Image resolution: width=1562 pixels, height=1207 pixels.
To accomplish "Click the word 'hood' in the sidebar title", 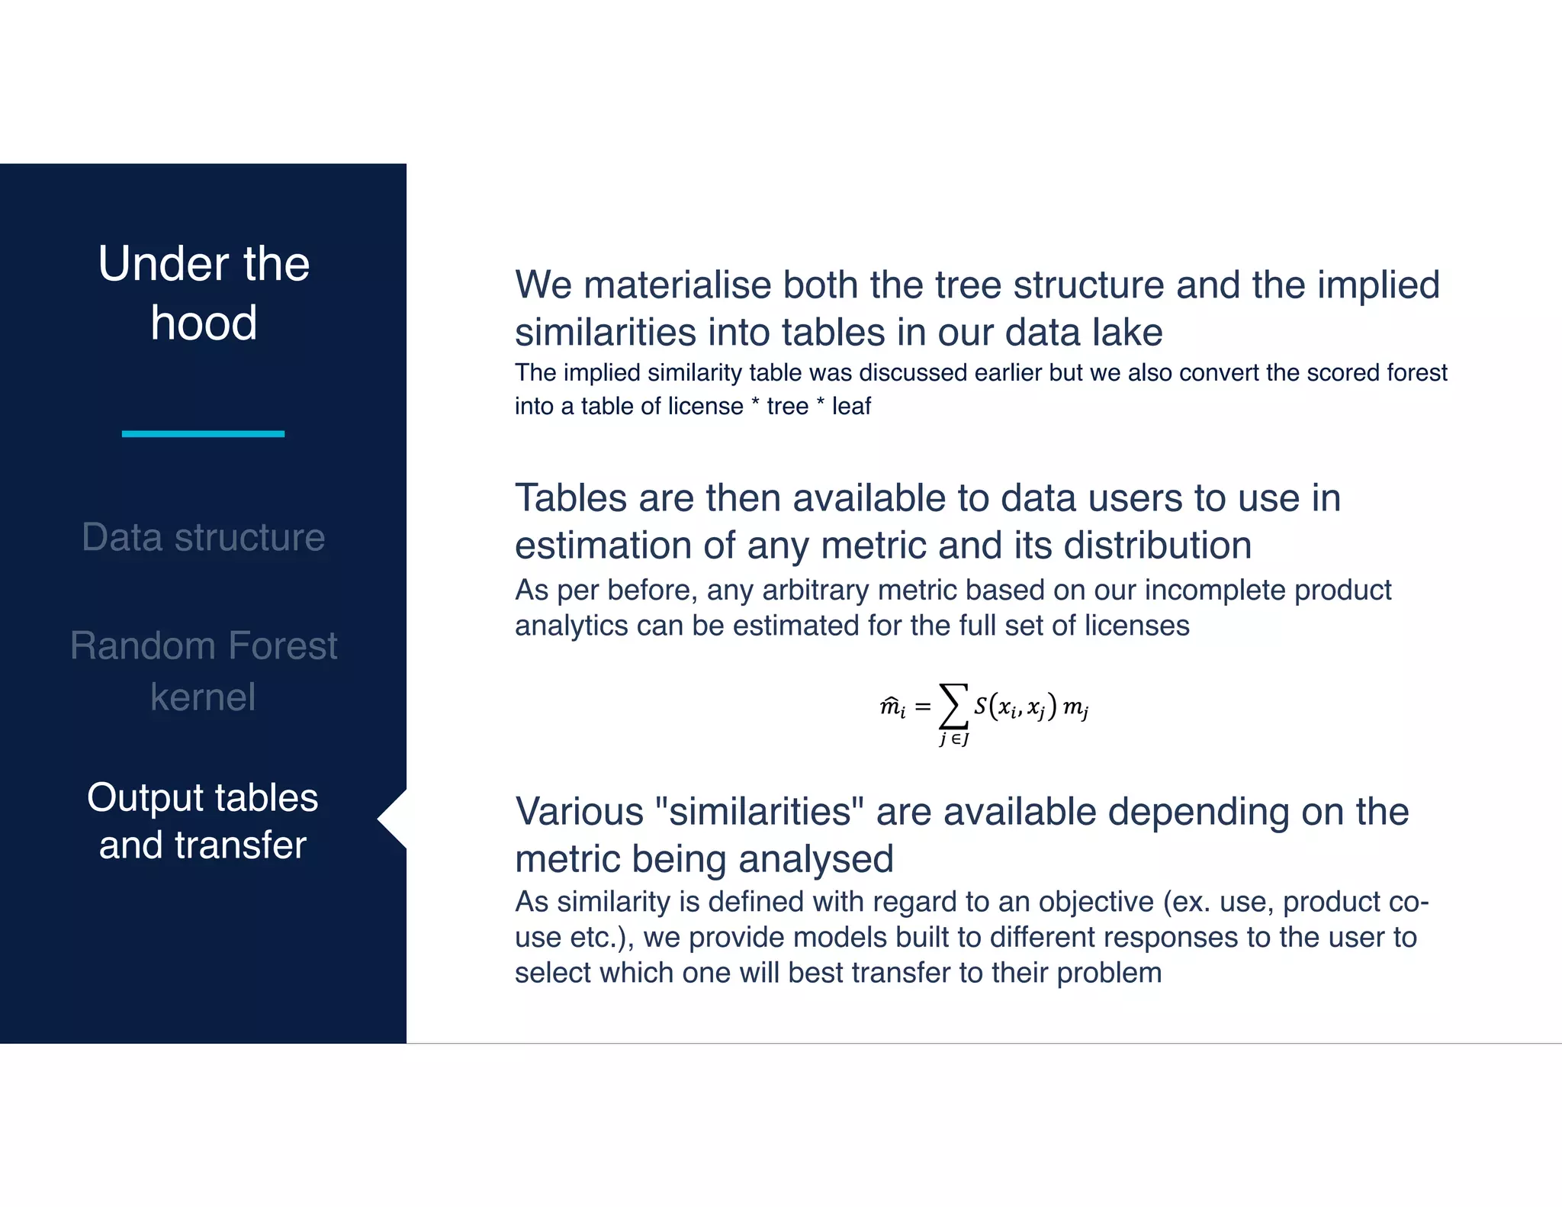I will point(204,323).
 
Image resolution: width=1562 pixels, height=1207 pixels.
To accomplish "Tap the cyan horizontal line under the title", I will point(203,433).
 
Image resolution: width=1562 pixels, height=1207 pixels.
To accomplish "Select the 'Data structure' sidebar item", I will point(204,537).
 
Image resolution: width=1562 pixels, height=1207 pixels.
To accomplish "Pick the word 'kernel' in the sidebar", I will point(203,697).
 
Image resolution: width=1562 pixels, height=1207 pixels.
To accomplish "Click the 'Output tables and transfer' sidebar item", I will point(203,821).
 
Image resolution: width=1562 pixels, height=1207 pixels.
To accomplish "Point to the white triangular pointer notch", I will point(393,819).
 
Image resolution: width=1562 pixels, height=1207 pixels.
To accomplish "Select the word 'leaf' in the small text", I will point(851,406).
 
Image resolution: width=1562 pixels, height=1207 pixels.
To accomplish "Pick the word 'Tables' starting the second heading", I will point(570,498).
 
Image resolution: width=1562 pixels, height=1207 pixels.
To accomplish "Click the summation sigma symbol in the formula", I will point(953,706).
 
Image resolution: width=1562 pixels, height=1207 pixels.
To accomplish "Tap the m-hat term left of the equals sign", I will point(892,707).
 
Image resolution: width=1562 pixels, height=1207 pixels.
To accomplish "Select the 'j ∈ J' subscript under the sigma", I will point(954,739).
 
